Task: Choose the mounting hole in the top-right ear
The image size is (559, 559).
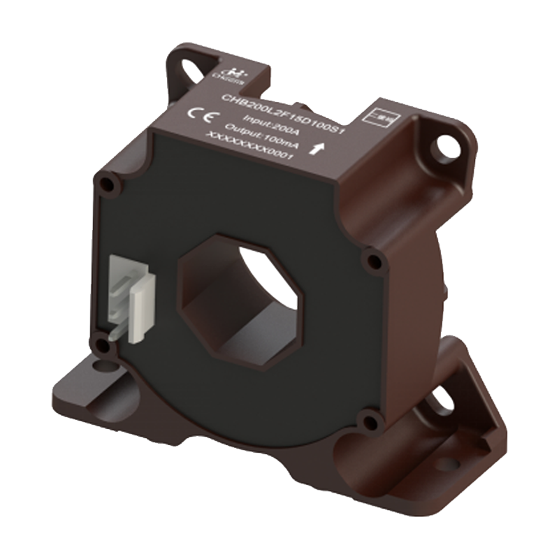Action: point(441,146)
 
